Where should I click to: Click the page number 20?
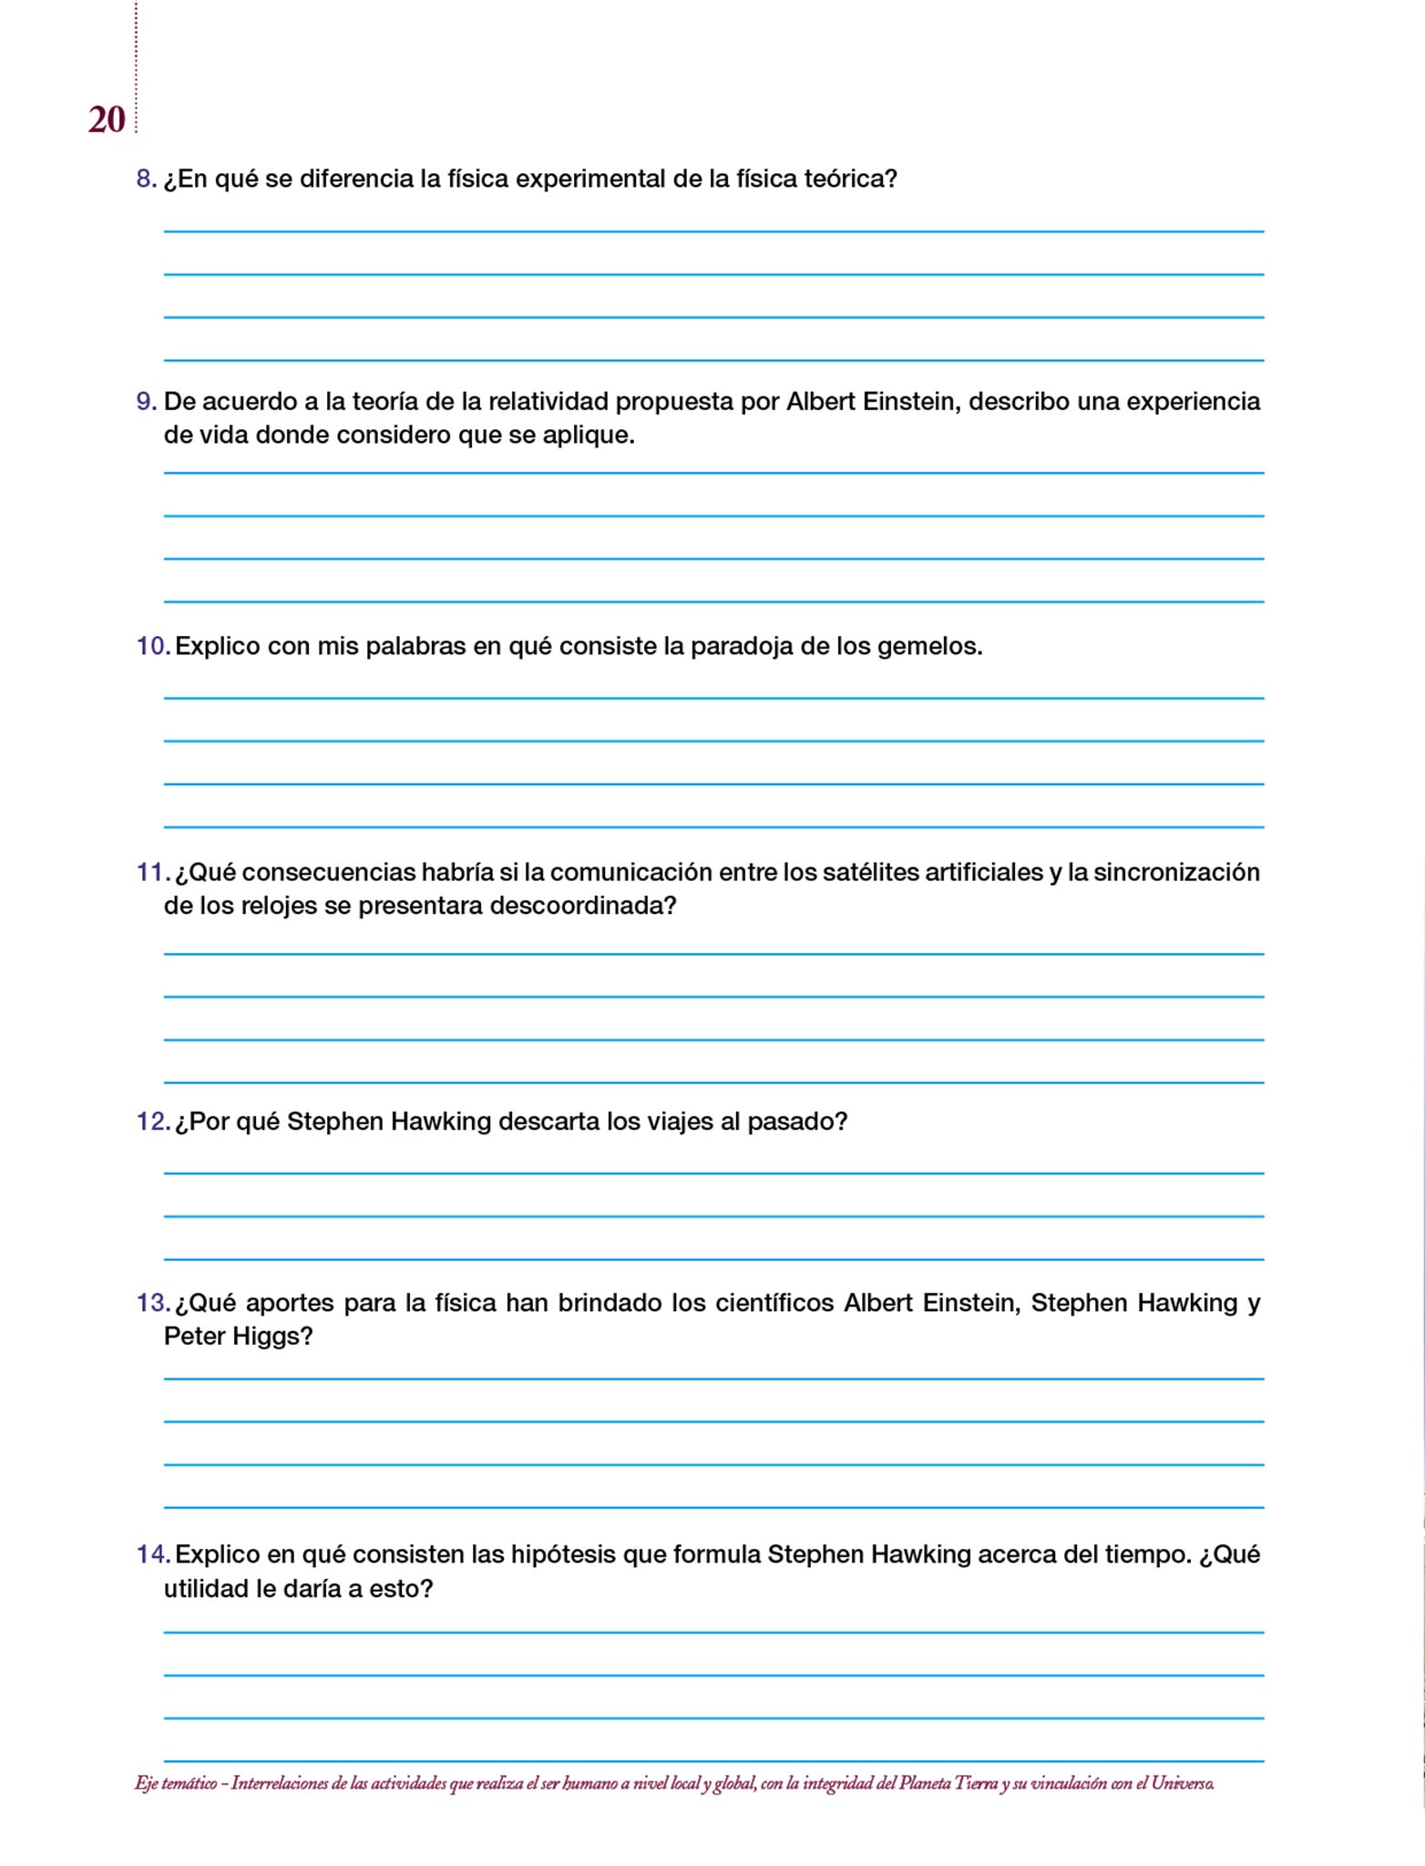(x=107, y=120)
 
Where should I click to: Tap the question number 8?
(x=145, y=179)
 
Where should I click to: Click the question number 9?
(x=145, y=402)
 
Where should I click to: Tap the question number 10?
(x=152, y=647)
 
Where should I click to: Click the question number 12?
(x=152, y=1122)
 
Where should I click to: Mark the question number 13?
(x=152, y=1303)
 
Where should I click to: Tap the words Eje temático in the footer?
(x=175, y=1783)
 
